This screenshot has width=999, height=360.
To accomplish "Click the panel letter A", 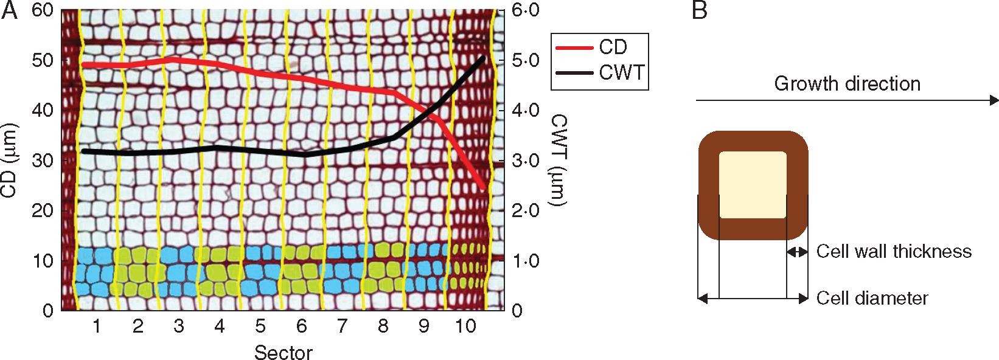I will pos(9,10).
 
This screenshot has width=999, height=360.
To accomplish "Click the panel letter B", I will pos(700,10).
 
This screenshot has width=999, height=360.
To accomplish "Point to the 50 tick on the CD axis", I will pos(43,60).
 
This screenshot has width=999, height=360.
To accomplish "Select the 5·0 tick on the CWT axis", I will pos(525,60).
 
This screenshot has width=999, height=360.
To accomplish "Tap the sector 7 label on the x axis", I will pos(343,327).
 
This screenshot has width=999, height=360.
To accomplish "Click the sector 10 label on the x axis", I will pos(465,327).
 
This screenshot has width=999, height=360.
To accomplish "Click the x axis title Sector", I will pos(284,352).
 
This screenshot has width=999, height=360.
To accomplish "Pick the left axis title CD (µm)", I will pos(9,160).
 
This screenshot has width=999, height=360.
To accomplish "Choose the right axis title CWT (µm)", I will pos(558,160).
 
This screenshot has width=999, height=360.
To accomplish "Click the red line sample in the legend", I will pos(574,47).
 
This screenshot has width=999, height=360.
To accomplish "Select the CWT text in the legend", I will pos(621,72).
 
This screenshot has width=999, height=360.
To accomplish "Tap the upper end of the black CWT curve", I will pos(484,57).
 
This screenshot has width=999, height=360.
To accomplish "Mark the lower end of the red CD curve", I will pos(484,188).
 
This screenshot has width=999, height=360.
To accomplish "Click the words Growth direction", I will pos(847,83).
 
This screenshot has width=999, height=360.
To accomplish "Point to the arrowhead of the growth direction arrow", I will pos(994,100).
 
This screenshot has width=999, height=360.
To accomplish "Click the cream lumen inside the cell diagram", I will pos(753,184).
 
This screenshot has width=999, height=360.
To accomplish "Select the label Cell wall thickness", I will pos(894,251).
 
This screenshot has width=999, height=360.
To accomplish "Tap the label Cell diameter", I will pos(872,298).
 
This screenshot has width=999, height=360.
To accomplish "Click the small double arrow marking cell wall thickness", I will pos(798,252).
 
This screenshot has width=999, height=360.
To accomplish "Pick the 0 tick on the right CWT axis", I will pos(517,311).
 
